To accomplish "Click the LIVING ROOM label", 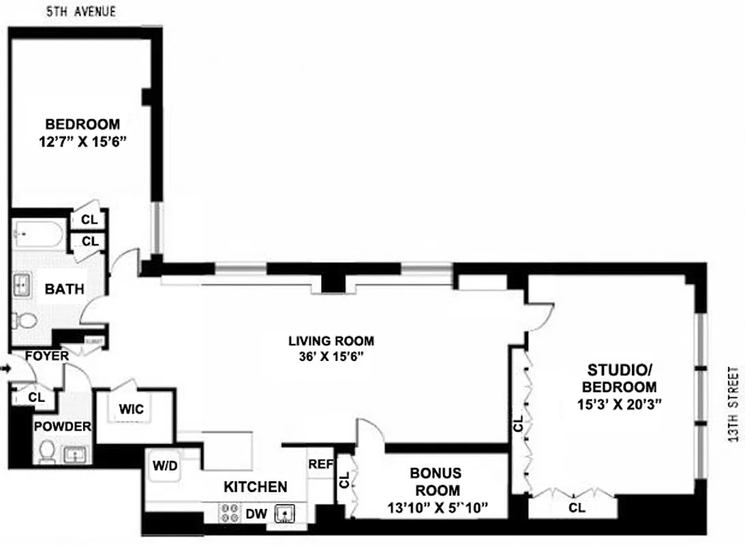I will point(331,341).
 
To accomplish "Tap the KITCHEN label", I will point(255,487).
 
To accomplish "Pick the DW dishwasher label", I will point(257,513).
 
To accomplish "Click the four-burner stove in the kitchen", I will point(228,512).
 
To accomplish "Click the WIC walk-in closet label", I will point(131,409).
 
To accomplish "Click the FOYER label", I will point(46,356).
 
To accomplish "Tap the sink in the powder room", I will point(73,455).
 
